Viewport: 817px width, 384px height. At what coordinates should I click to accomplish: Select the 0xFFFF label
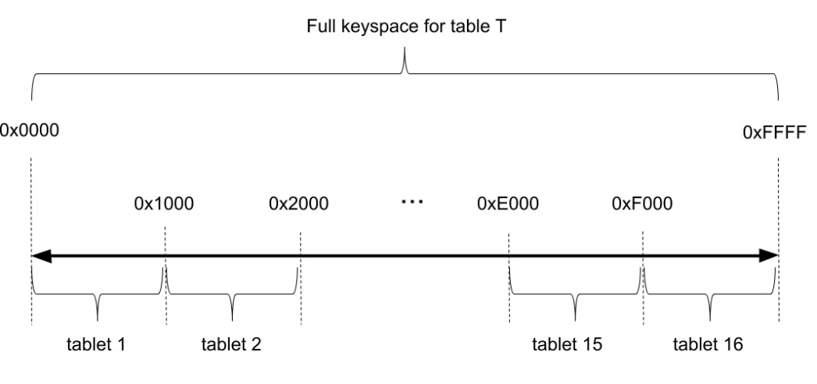pos(778,133)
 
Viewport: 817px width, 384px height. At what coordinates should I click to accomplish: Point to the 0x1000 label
pos(164,204)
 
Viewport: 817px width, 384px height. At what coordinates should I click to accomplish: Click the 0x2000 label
pos(298,204)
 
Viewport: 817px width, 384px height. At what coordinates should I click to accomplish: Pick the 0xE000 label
pos(508,204)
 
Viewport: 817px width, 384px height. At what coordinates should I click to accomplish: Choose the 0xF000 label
pos(642,204)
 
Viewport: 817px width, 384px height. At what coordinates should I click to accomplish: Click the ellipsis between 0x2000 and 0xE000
pos(411,202)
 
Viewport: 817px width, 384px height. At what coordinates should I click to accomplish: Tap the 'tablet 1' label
pos(97,344)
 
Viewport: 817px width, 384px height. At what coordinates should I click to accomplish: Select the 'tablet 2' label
pos(231,344)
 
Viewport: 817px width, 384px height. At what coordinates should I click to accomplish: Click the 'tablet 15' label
pos(567,344)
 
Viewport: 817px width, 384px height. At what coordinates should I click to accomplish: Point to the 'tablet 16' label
pos(709,344)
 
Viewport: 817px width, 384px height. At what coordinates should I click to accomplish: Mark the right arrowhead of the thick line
pos(769,254)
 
